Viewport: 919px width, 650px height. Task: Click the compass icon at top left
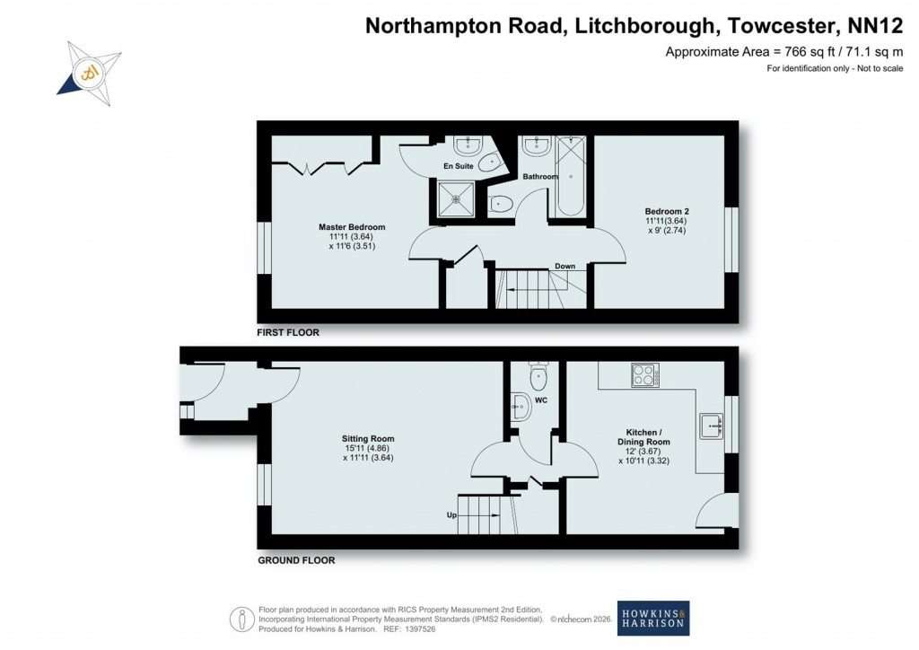[89, 69]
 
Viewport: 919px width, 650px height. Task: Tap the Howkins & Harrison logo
[652, 618]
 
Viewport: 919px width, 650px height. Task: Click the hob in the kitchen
[645, 375]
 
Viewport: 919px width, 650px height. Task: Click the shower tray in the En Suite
[458, 197]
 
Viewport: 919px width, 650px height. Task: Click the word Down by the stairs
[565, 267]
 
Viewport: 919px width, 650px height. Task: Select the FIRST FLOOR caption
[288, 332]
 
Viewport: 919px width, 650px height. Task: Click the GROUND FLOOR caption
[296, 560]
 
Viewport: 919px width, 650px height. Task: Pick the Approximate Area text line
[783, 52]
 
